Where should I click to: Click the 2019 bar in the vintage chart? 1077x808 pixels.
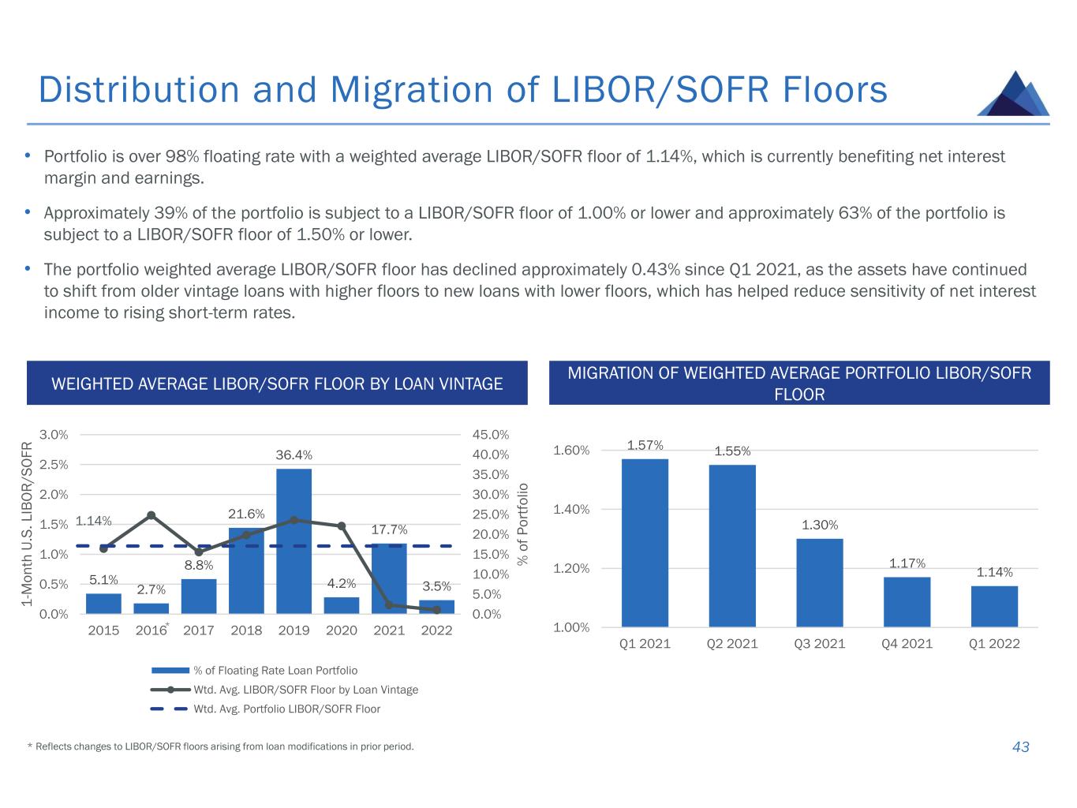point(294,541)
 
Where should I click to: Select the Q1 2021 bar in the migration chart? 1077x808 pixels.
point(645,543)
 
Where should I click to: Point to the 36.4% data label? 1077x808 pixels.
point(294,455)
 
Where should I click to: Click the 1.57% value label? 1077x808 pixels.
point(645,446)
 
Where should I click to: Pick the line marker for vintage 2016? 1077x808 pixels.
point(151,515)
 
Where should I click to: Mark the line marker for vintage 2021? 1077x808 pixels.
point(389,605)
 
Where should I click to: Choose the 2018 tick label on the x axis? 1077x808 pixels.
point(246,630)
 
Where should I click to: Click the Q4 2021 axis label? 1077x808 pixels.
point(907,644)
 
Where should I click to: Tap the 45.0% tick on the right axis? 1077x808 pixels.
point(491,435)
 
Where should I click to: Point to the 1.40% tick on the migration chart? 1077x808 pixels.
point(571,510)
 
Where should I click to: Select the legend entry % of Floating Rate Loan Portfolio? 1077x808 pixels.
point(275,671)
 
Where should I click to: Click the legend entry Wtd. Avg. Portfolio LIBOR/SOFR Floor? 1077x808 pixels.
point(286,709)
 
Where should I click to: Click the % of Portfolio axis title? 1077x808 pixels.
point(522,523)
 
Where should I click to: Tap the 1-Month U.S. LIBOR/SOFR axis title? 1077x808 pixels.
point(28,523)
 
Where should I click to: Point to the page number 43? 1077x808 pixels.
point(1020,747)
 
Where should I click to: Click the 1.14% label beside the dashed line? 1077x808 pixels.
point(93,521)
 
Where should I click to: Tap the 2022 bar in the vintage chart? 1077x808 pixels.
point(436,607)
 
